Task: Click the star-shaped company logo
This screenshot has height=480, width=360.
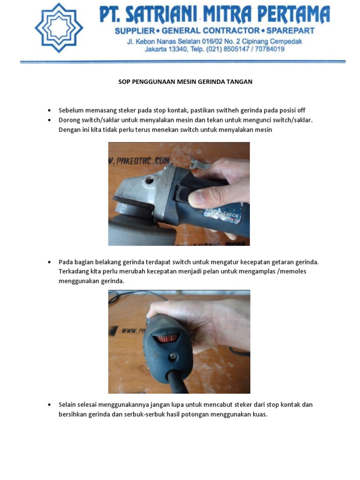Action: click(59, 28)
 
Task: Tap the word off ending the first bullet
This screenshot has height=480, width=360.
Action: click(300, 111)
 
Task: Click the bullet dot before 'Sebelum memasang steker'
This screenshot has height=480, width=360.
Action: click(50, 111)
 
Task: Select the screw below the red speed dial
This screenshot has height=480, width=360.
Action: click(173, 357)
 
